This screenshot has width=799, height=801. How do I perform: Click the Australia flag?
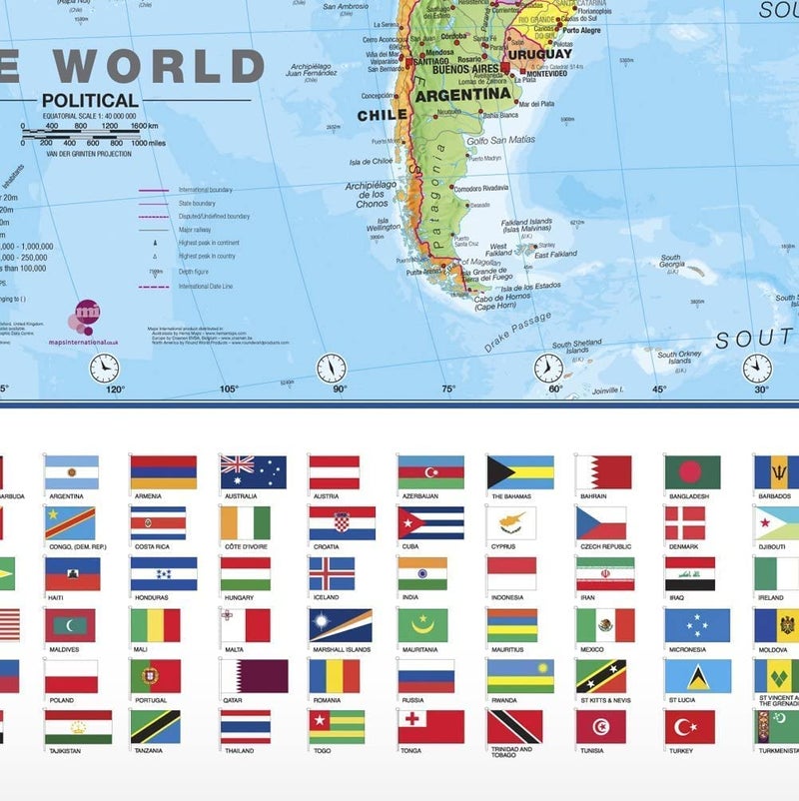point(253,471)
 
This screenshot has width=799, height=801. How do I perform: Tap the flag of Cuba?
point(430,522)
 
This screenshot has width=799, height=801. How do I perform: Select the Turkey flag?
point(690,726)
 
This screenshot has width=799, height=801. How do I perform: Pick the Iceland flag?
point(332,573)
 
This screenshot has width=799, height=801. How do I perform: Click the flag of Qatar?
point(253,675)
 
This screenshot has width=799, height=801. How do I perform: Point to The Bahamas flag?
point(519,471)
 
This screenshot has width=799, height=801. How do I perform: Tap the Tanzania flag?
point(155,726)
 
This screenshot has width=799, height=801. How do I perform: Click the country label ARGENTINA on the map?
point(462,96)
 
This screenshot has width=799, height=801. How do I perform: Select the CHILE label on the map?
point(383,115)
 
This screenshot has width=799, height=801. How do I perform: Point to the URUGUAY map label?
point(539,54)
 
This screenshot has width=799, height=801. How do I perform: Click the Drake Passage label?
point(516,333)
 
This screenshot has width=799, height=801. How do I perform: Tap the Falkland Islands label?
point(526,224)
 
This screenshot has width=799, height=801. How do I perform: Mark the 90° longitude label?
point(340,390)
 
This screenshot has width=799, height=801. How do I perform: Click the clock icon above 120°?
point(104,369)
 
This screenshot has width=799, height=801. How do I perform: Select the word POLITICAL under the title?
point(90,100)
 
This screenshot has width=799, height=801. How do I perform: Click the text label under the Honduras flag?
point(151,597)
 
